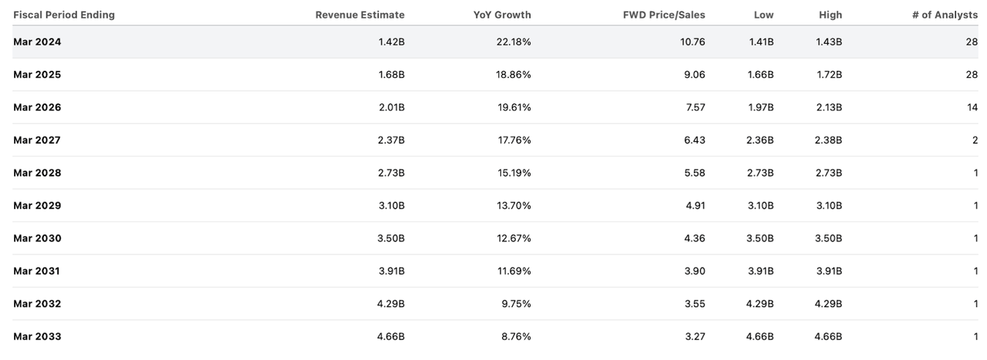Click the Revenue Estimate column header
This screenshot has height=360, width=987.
coord(359,15)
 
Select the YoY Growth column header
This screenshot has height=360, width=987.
coord(502,15)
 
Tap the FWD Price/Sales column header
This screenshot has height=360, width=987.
coord(664,15)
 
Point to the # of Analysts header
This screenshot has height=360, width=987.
coord(945,15)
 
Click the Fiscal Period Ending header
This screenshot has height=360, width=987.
coord(64,15)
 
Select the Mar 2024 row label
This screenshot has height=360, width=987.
coord(37,42)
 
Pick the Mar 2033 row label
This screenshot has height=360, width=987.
coord(37,336)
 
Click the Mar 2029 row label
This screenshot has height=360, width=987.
coord(37,206)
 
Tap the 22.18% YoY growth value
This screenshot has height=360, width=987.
coord(514,42)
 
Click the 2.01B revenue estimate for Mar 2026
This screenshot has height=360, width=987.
coord(390,107)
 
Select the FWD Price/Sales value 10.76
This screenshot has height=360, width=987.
coord(691,42)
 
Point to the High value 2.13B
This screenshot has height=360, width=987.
coord(828,107)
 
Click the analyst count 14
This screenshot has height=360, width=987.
coord(972,107)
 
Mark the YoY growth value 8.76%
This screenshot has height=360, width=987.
coord(516,336)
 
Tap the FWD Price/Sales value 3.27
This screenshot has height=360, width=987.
coord(694,336)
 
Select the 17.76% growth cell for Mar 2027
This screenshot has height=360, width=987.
coord(514,140)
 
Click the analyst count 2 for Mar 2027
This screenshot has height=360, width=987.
coord(975,140)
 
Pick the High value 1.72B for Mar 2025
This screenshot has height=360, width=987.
coord(828,75)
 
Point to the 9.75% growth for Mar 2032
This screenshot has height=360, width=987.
coord(516,304)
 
